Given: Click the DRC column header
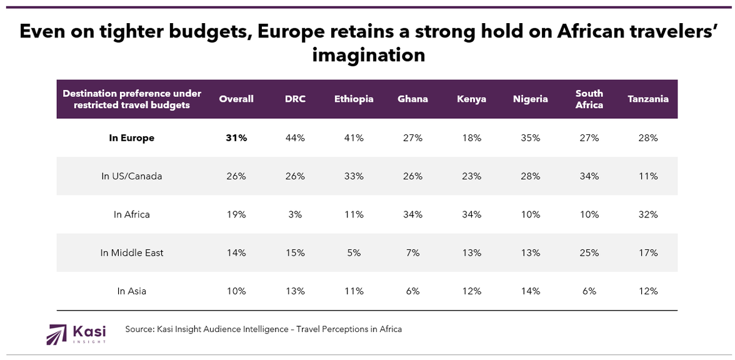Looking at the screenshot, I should click(296, 99).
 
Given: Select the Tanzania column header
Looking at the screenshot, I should click(648, 99).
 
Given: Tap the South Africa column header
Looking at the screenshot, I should click(589, 99).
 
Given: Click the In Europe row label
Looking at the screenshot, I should click(131, 138).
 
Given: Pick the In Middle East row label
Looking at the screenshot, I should click(131, 253).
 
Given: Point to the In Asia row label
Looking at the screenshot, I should click(131, 291).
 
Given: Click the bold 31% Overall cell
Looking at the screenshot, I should click(236, 138).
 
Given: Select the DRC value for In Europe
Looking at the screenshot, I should click(296, 138).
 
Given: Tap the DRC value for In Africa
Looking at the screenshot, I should click(296, 214).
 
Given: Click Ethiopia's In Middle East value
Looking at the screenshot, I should click(354, 253).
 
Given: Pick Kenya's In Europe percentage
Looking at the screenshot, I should click(472, 138).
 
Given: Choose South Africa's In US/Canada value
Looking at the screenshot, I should click(589, 176).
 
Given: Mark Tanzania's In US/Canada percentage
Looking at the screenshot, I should click(648, 176).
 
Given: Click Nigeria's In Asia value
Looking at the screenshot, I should click(531, 291).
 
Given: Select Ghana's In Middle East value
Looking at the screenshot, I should click(412, 253).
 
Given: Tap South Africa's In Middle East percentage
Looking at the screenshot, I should click(589, 253).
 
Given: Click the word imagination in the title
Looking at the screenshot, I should click(368, 55).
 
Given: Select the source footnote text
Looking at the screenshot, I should click(263, 329).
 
